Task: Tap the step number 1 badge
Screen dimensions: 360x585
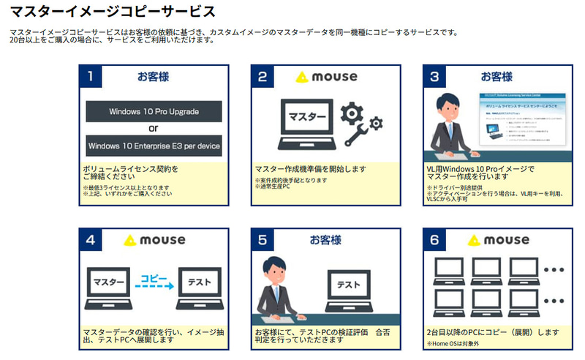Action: (90, 76)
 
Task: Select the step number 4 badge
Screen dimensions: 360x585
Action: (90, 239)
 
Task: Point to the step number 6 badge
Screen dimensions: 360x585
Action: (434, 239)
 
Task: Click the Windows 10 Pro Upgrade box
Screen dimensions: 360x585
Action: (154, 112)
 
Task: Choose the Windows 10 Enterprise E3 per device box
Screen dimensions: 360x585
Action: (154, 146)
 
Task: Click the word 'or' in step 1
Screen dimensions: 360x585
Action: (154, 129)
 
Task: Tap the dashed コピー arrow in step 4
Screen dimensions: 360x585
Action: (154, 282)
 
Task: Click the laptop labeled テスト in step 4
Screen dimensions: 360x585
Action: (199, 285)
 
